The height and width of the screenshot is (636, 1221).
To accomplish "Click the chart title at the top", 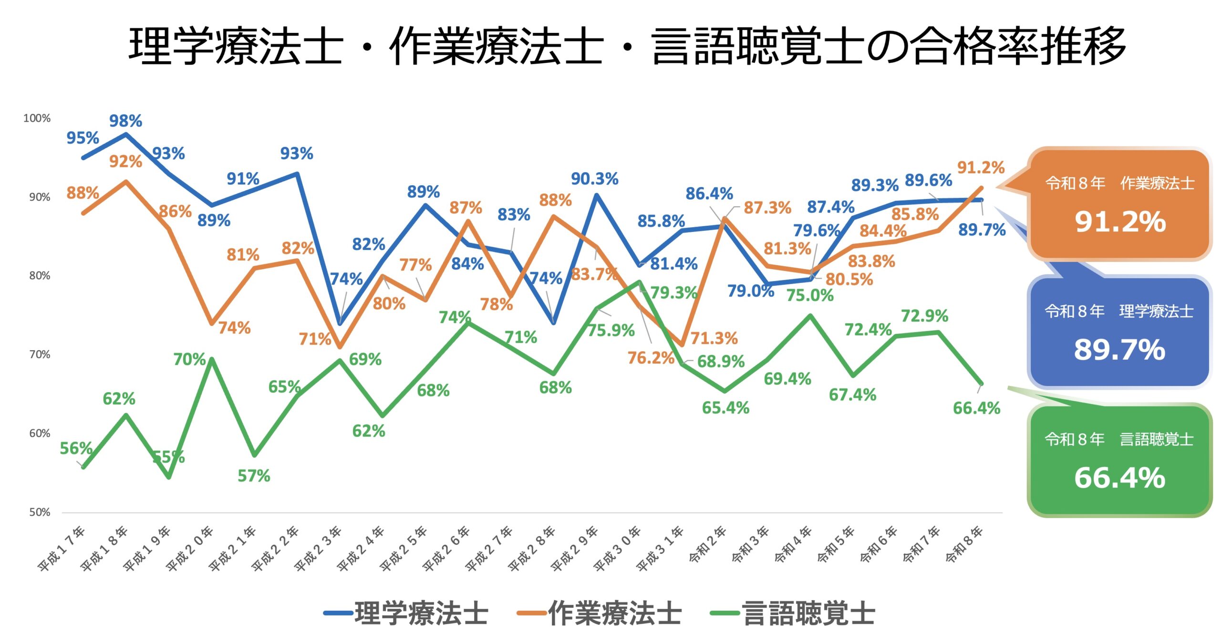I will click(x=627, y=46).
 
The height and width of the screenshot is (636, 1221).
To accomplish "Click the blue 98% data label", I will click(x=125, y=121).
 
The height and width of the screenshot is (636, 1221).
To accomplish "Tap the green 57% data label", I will click(x=254, y=476).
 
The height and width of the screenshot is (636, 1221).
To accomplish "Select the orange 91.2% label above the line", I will click(x=981, y=167).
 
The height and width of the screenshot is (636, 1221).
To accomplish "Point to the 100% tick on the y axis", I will click(x=37, y=118).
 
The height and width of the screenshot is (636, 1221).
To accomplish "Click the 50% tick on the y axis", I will click(x=40, y=512).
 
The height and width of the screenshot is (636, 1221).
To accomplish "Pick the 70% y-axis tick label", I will click(x=40, y=354).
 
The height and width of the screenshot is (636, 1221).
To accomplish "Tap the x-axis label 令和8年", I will click(x=964, y=545).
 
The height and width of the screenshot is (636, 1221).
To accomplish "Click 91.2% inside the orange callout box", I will click(x=1120, y=222).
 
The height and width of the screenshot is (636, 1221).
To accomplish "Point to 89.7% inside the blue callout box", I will click(x=1119, y=350).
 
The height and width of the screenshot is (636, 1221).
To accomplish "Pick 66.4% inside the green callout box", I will click(x=1119, y=478).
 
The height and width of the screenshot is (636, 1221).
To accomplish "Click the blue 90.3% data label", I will click(x=594, y=179).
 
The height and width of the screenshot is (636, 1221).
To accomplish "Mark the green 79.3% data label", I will click(x=673, y=292).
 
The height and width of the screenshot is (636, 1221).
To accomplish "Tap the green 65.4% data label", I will click(x=725, y=408).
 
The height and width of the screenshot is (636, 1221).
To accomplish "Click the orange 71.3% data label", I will click(x=714, y=338).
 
